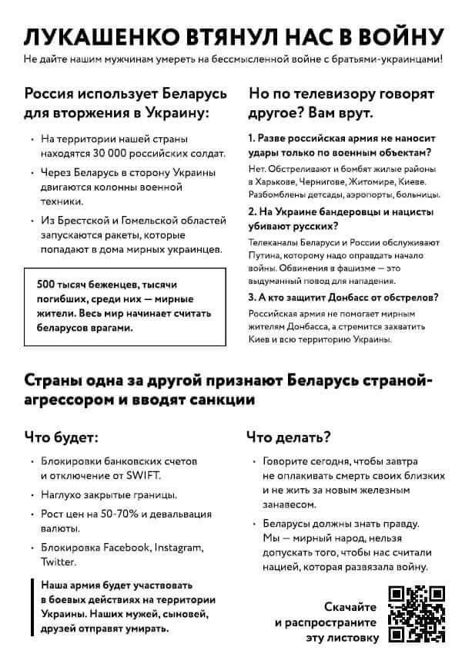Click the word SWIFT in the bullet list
(x=144, y=475)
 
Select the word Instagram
(x=179, y=548)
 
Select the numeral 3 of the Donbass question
(x=251, y=297)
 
